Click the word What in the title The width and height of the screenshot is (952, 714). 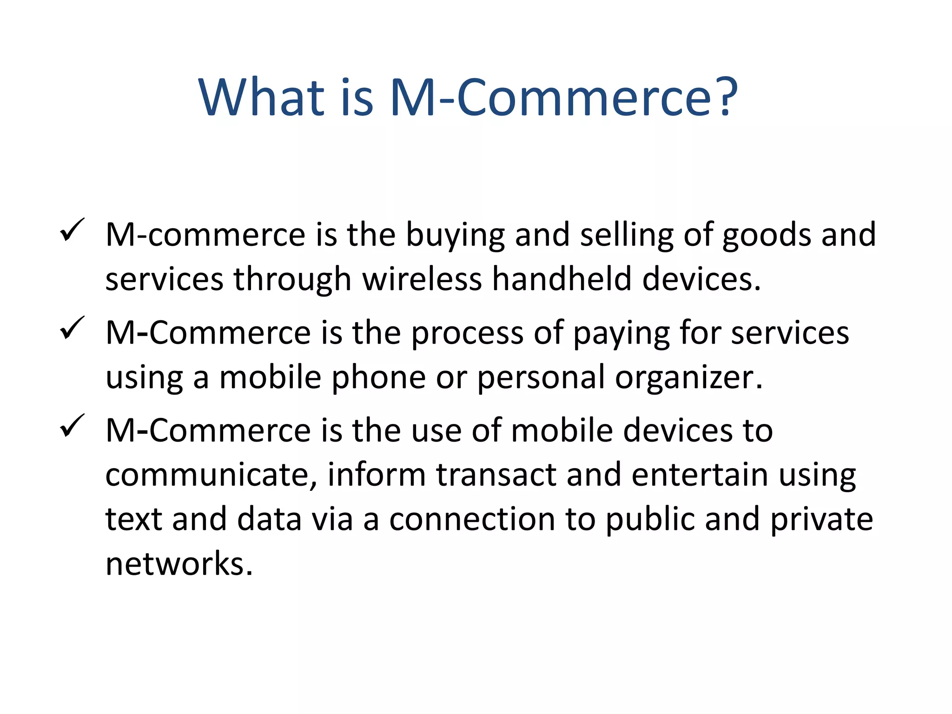[261, 97]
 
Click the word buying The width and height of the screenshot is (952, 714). [455, 235]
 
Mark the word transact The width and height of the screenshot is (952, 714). [496, 475]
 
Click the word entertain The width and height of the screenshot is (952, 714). [700, 475]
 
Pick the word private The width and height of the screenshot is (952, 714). [821, 519]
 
